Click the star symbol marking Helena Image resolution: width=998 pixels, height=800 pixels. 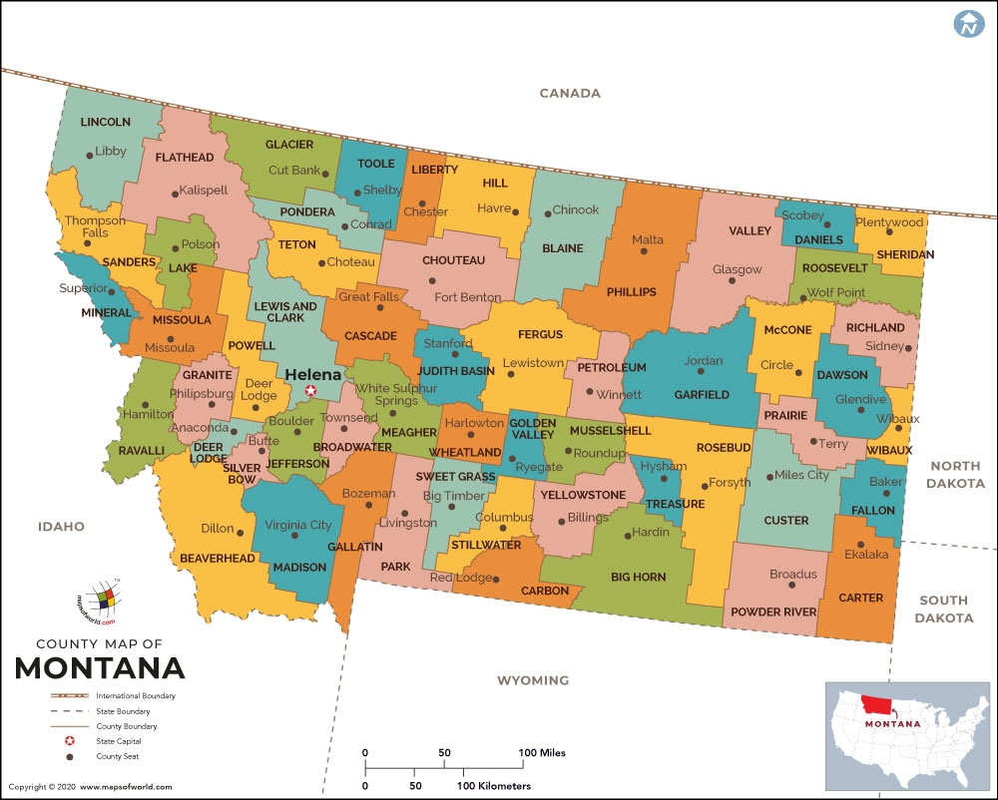point(311,391)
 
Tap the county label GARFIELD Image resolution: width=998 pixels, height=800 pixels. point(702,394)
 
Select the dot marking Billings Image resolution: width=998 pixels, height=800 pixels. point(561,517)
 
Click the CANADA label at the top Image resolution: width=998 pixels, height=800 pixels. point(570,93)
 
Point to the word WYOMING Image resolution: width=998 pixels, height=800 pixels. point(533,680)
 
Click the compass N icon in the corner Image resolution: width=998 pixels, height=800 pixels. point(967,25)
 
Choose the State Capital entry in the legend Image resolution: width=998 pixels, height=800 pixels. point(119,741)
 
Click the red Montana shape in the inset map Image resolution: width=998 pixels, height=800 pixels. point(877,704)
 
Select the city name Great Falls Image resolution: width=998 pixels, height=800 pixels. point(369,296)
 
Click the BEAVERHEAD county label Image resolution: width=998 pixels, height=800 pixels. point(218,559)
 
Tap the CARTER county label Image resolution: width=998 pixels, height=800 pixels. point(861,598)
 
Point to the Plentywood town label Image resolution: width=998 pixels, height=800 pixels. point(890,221)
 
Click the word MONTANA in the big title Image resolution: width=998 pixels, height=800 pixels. point(100,667)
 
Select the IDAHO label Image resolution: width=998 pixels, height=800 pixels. point(61,526)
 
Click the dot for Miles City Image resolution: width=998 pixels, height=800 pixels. point(767,477)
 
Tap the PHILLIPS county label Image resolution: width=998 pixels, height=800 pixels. point(631,291)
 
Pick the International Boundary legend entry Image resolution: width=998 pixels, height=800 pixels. point(136,695)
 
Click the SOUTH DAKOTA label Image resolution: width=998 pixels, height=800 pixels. point(943,608)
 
